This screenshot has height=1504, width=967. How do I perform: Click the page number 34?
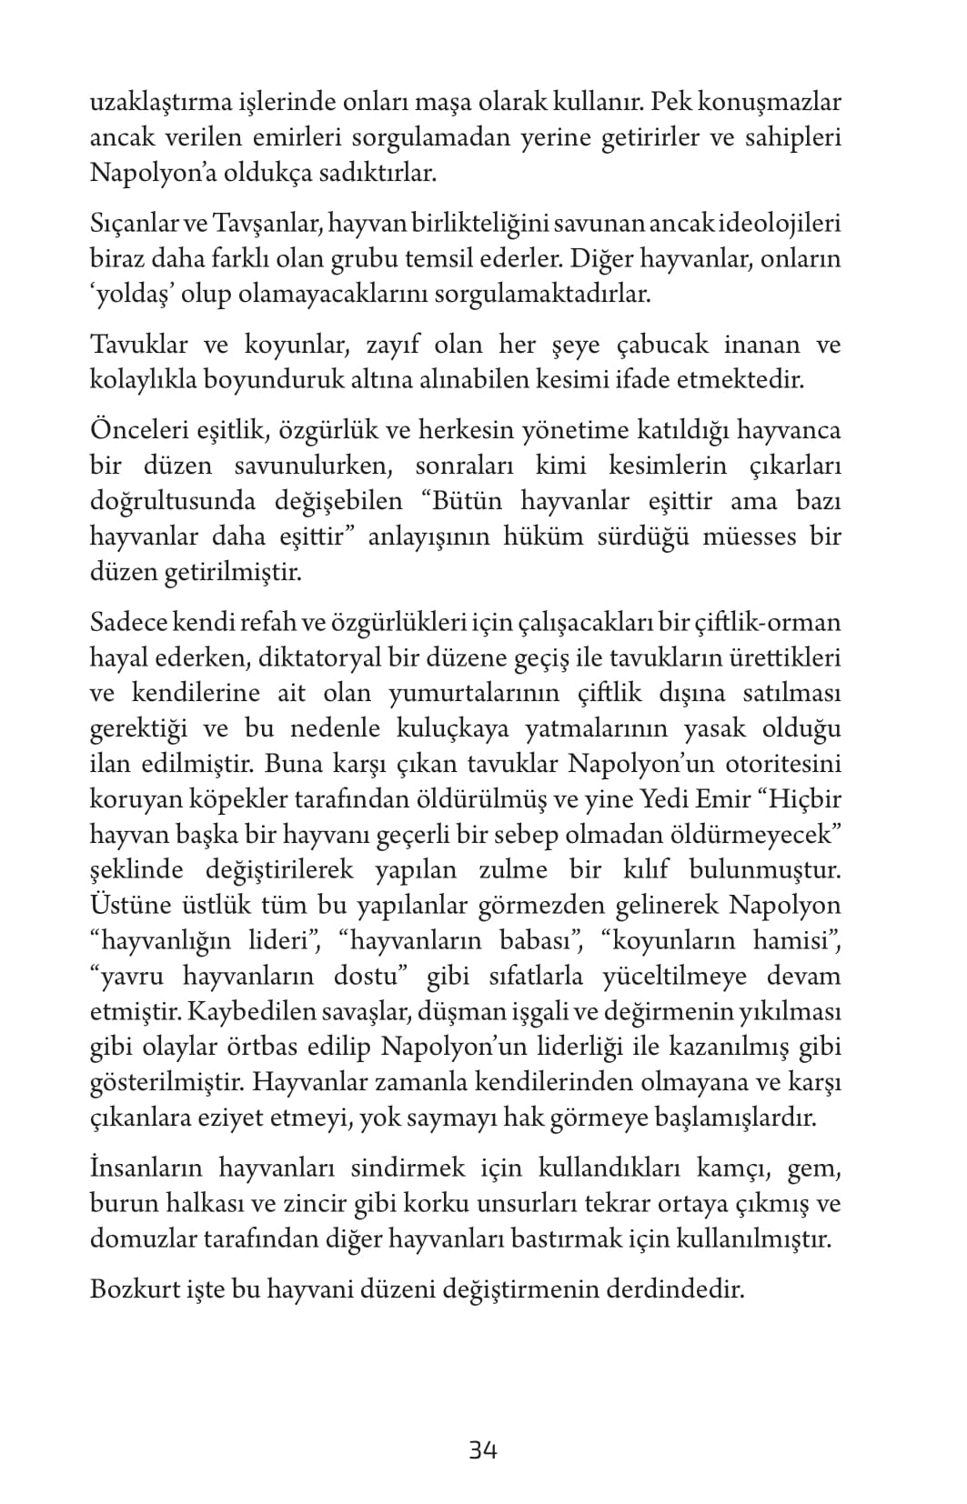pos(482,1449)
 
